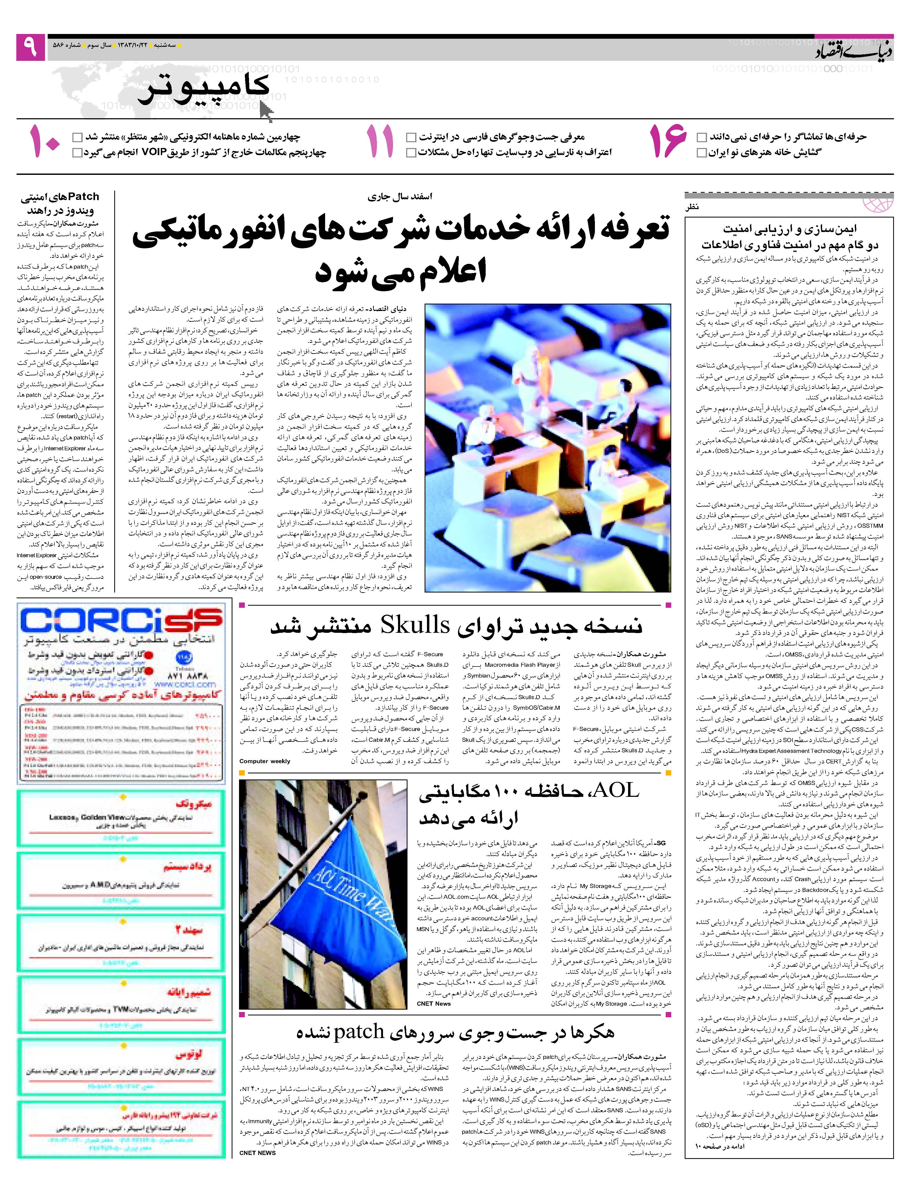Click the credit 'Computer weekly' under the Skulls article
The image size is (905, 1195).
tap(265, 761)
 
